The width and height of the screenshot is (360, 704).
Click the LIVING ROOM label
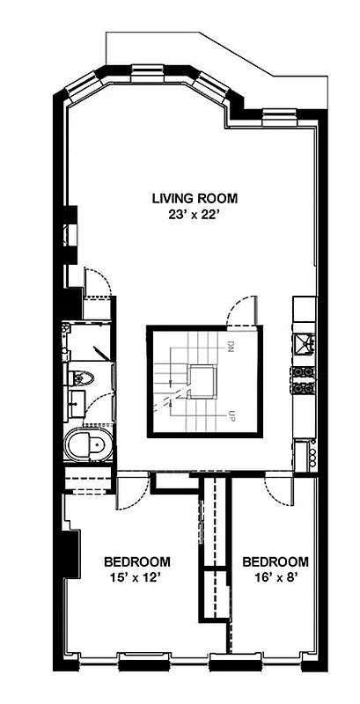coord(194,198)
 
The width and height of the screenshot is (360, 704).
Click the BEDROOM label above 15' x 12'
coord(136,561)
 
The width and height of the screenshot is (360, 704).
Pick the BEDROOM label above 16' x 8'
coord(275,561)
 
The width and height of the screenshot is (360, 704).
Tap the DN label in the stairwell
coord(230,347)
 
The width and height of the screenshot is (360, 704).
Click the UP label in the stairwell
coord(230,414)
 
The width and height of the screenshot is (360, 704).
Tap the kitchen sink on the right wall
coord(305,341)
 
